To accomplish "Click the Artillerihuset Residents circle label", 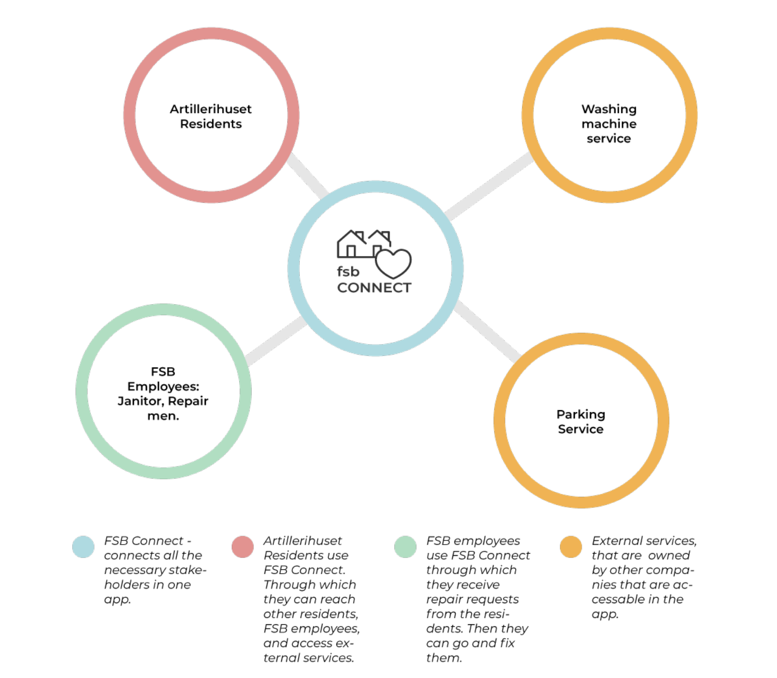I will coord(211,117).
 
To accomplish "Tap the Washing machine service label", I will coord(609,124).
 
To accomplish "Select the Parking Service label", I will coord(581,422).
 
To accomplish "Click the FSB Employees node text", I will coord(163,394).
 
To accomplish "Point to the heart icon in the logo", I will coord(394,263).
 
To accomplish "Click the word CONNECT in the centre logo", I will coord(374,288).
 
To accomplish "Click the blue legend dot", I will coord(83,547).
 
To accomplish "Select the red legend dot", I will coord(243,547).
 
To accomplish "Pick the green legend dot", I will coord(405,547).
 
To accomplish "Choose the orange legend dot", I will coord(571,547).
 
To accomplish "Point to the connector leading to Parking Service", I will coord(487,331).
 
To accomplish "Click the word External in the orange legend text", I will coord(617,541).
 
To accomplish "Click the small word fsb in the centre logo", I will coord(348,272).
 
